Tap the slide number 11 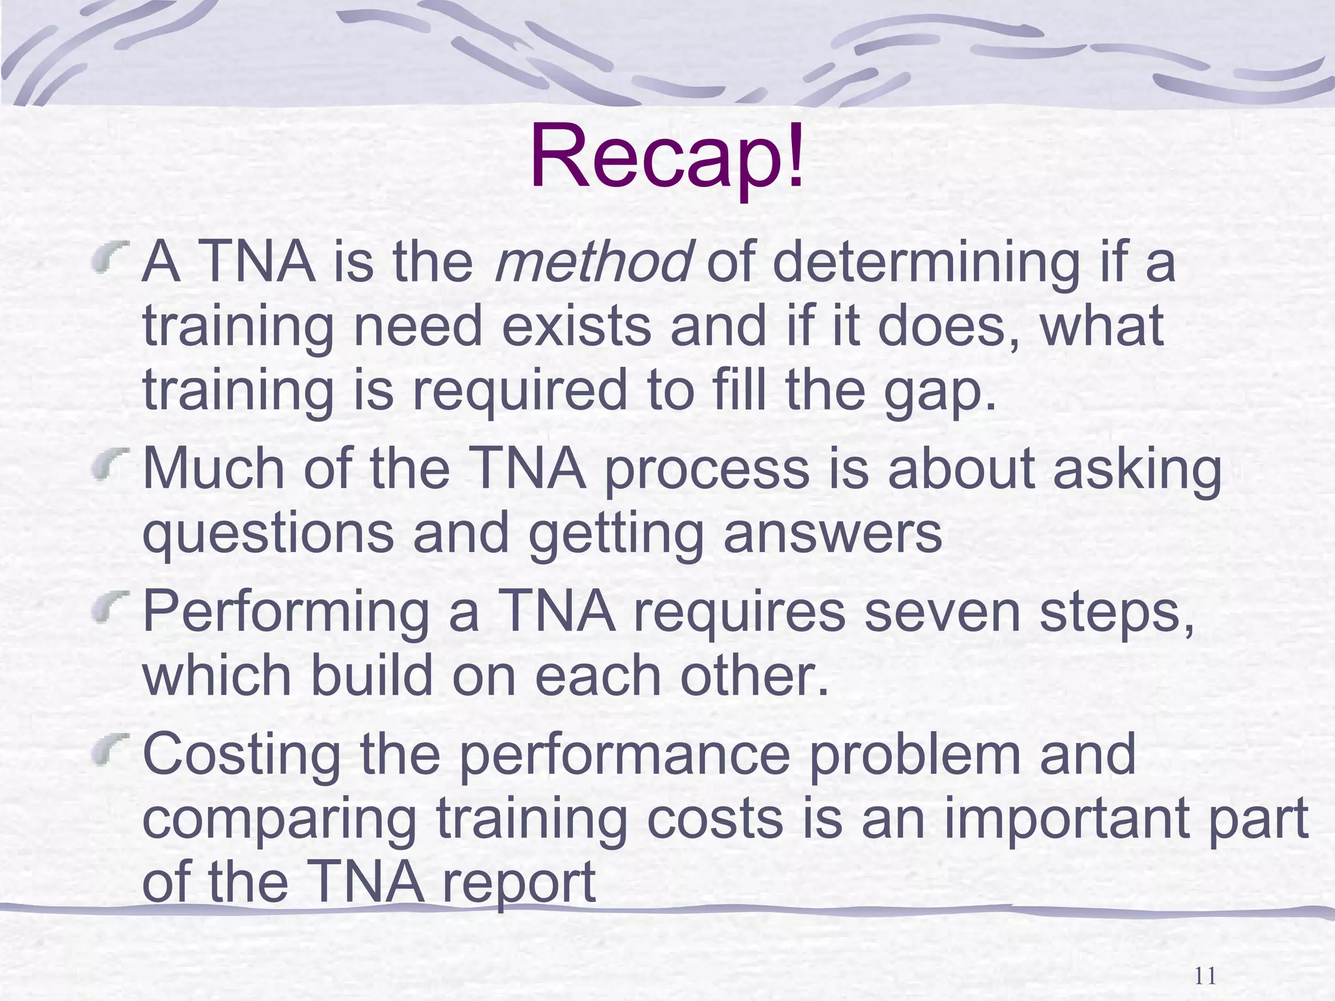click(x=1206, y=976)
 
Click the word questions click(x=268, y=533)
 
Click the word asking click(x=1137, y=469)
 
